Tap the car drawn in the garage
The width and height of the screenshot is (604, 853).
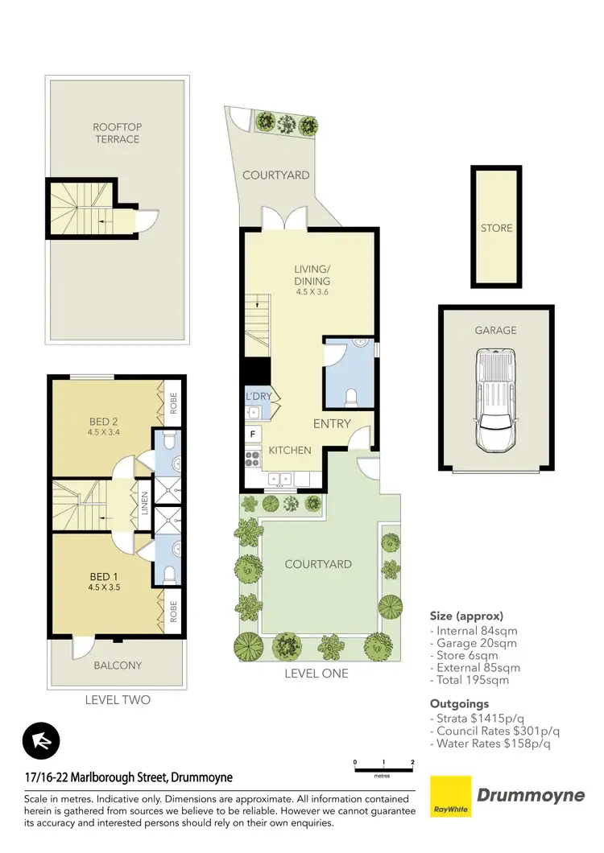[x=496, y=400]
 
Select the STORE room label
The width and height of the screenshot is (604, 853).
[x=496, y=228]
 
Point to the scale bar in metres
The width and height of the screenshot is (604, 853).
[x=383, y=766]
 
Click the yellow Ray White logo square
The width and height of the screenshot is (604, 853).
[x=452, y=796]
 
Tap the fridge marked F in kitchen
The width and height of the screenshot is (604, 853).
[x=253, y=435]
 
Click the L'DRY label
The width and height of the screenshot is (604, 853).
[x=258, y=396]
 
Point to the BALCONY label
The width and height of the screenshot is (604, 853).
[x=118, y=665]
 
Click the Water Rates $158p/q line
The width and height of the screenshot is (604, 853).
[x=491, y=744]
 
